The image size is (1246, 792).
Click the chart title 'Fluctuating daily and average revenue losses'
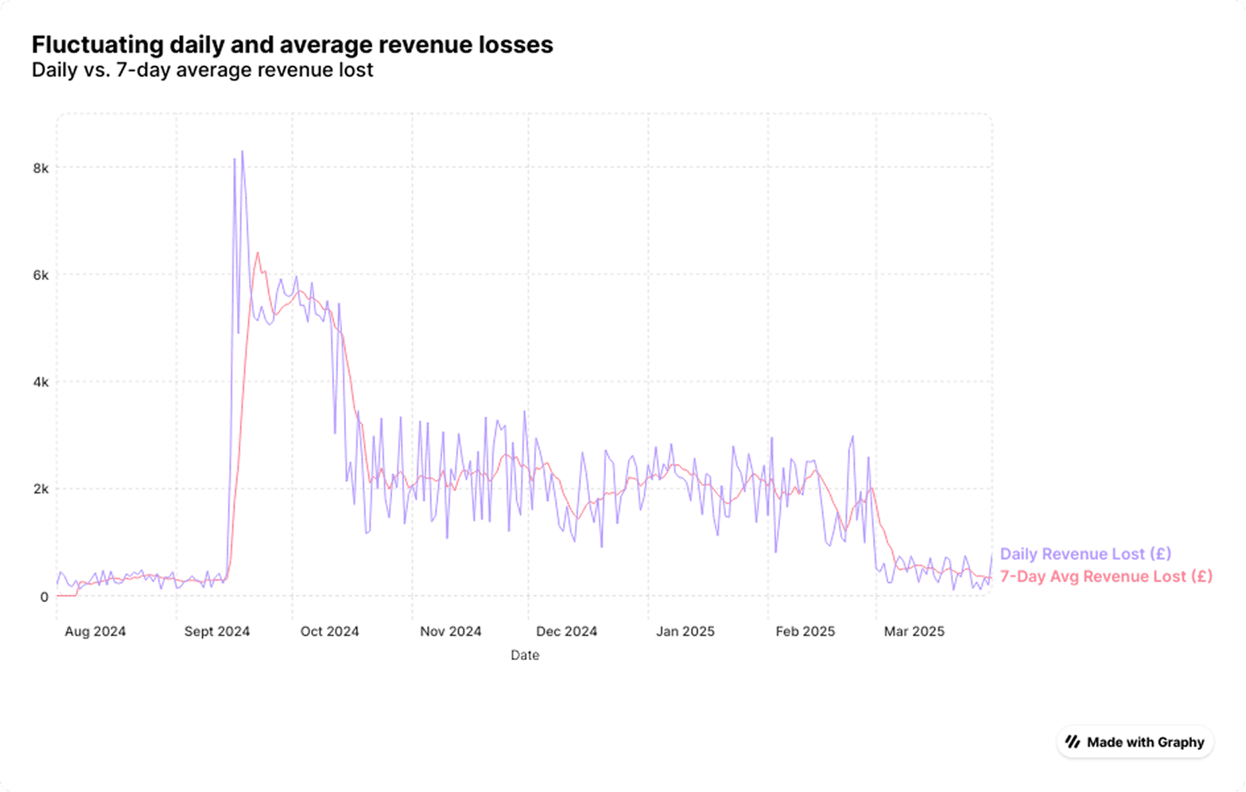point(292,45)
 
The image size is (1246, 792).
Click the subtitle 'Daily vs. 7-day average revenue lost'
point(202,70)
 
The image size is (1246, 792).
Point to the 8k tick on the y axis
point(41,168)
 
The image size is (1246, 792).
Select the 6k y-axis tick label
point(41,275)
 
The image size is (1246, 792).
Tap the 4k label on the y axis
point(41,382)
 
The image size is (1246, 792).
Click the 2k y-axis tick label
point(41,490)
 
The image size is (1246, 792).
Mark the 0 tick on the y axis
point(44,597)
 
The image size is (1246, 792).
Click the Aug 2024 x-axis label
point(95,631)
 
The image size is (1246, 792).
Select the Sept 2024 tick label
point(217,631)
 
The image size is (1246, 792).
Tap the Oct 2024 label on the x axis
point(329,631)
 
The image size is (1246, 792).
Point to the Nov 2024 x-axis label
point(451,631)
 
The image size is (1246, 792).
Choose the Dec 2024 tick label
point(566,631)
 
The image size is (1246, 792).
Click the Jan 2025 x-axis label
point(685,631)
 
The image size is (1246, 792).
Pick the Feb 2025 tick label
point(805,631)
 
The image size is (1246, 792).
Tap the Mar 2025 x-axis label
point(914,631)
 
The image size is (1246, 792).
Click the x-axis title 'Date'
point(525,655)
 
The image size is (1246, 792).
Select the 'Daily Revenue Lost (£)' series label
point(1085,554)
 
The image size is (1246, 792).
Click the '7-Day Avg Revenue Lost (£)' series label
point(1106,577)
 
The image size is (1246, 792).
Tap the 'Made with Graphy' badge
point(1135,743)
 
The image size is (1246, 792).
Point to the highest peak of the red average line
point(257,254)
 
